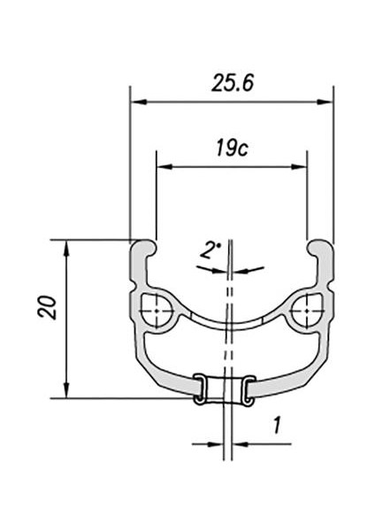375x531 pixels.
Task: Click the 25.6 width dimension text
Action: (x=233, y=83)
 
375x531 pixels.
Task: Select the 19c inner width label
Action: (x=232, y=148)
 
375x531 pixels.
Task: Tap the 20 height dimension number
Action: (x=48, y=307)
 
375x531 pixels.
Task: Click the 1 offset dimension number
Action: (x=277, y=426)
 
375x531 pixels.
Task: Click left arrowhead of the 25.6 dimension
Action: (x=139, y=102)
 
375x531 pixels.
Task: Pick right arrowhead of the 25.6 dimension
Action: (x=325, y=102)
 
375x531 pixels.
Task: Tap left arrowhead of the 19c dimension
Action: (x=165, y=166)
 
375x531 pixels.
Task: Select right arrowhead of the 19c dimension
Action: (x=299, y=166)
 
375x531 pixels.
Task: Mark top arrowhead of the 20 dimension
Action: (x=66, y=248)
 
